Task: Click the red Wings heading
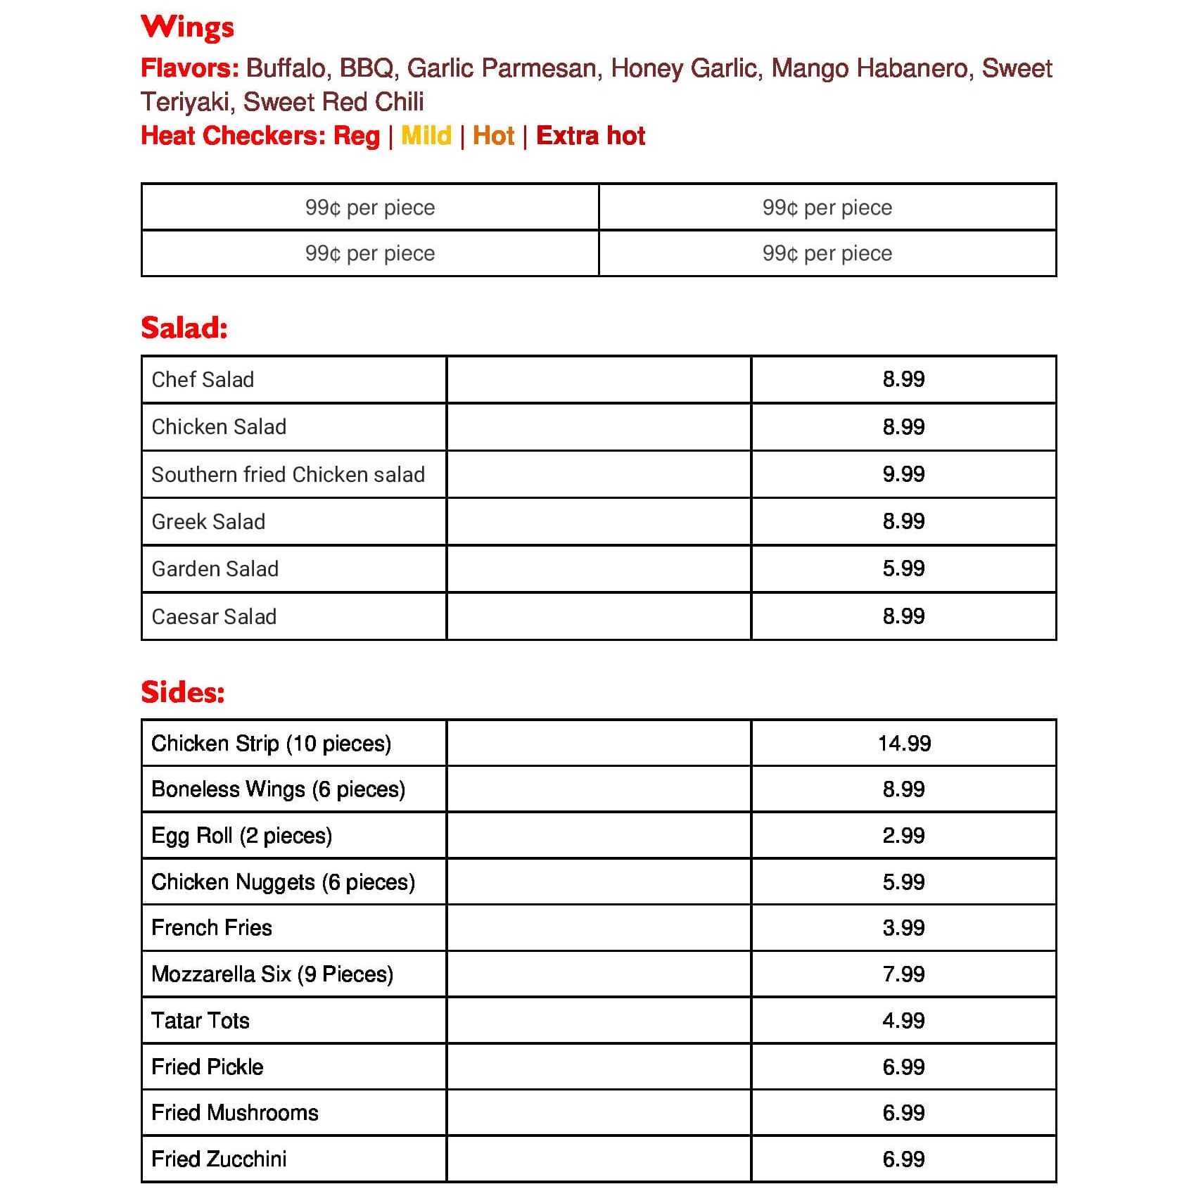(x=187, y=27)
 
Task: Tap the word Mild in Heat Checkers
(x=426, y=135)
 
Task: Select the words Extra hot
(x=590, y=135)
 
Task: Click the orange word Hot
(x=493, y=135)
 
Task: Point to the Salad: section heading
(x=184, y=328)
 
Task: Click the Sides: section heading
(x=183, y=692)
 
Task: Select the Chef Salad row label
(x=203, y=380)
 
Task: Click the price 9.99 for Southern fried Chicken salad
(x=903, y=474)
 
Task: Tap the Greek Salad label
(x=208, y=522)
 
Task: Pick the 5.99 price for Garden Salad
(x=903, y=568)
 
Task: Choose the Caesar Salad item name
(x=214, y=617)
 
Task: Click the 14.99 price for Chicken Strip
(x=904, y=744)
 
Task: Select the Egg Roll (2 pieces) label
(x=241, y=836)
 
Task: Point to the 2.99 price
(x=903, y=836)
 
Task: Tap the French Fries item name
(x=211, y=928)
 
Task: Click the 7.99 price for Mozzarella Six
(x=903, y=974)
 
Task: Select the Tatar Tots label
(x=201, y=1021)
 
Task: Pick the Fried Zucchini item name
(x=219, y=1159)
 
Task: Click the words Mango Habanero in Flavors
(x=870, y=68)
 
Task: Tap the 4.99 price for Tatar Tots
(x=903, y=1021)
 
